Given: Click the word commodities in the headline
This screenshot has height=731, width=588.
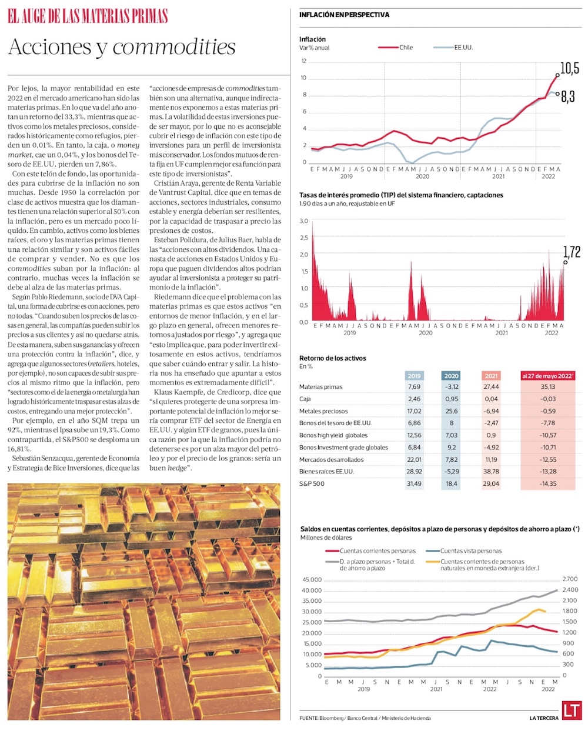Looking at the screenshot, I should click(x=174, y=47).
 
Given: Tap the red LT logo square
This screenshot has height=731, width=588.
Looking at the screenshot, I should click(x=572, y=710).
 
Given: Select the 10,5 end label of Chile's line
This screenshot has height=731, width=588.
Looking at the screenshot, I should click(x=569, y=68).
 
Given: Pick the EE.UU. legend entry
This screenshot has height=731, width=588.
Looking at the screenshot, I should click(x=463, y=48).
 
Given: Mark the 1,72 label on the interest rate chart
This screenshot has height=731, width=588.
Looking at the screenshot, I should click(x=572, y=252).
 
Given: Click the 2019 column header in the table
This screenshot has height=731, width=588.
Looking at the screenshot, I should click(x=414, y=376).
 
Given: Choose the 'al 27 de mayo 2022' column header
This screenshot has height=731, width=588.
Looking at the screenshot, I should click(x=548, y=376).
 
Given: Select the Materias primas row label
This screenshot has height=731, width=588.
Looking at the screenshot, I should click(x=320, y=387).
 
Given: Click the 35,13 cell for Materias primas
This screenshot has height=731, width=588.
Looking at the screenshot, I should click(x=548, y=387).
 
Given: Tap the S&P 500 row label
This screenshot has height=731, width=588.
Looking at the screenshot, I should click(x=312, y=484).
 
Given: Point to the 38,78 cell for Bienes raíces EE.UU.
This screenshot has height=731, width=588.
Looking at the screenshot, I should click(x=491, y=472).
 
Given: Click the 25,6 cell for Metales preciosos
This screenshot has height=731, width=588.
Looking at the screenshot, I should click(x=452, y=411).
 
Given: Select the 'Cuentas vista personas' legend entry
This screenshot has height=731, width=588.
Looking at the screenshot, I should click(x=470, y=551).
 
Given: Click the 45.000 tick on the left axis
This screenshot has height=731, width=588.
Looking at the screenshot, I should click(x=312, y=580).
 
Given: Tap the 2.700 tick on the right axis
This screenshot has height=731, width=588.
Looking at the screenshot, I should click(x=570, y=580).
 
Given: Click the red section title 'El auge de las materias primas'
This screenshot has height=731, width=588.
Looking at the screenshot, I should click(x=88, y=16).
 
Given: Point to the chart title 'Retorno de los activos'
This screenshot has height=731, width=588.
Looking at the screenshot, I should click(x=333, y=358).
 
